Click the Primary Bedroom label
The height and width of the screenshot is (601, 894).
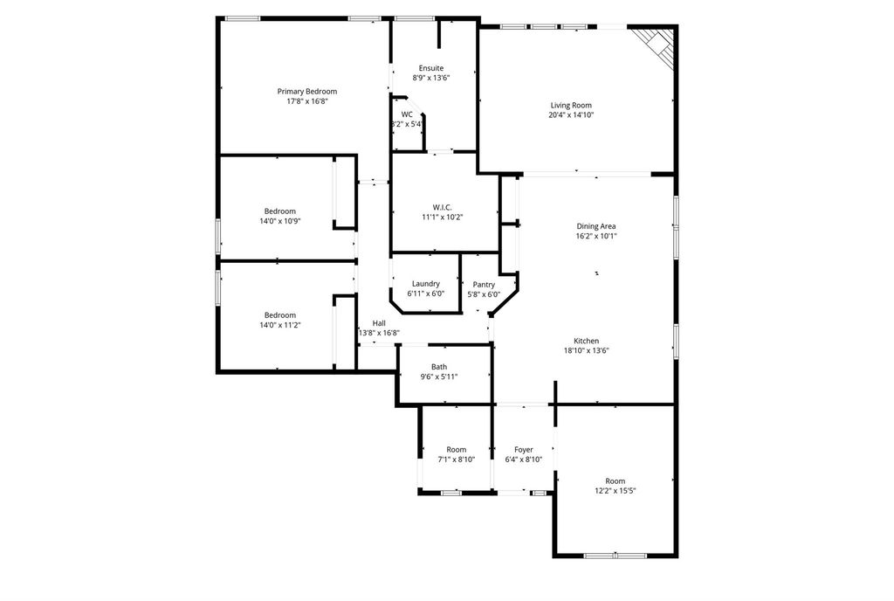click(x=306, y=91)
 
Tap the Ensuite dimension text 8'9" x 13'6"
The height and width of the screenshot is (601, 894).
click(x=431, y=78)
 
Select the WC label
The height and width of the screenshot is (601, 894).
click(x=407, y=114)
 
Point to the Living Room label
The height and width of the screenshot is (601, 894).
click(x=571, y=105)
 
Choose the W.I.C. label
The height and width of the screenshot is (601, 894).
click(x=443, y=208)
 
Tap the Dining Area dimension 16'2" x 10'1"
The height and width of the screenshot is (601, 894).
click(x=595, y=236)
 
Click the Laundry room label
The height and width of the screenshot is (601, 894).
click(x=426, y=284)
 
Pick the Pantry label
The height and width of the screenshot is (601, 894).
click(x=484, y=285)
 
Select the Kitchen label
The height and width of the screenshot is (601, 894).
click(x=586, y=341)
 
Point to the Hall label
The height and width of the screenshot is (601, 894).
click(x=379, y=323)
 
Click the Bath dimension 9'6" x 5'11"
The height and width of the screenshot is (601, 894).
click(x=439, y=376)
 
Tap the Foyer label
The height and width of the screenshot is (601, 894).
click(x=524, y=449)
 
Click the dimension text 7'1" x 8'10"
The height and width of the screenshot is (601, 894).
click(x=456, y=459)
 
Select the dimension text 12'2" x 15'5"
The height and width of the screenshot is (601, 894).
click(x=615, y=490)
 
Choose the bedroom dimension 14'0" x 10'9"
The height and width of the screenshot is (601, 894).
click(x=280, y=221)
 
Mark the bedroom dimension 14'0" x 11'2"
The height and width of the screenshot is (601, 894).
click(x=280, y=325)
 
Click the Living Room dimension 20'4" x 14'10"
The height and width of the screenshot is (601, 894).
click(x=571, y=114)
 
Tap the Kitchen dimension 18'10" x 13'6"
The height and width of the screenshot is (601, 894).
click(x=586, y=350)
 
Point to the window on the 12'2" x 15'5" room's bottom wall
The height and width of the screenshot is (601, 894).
click(x=615, y=555)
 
